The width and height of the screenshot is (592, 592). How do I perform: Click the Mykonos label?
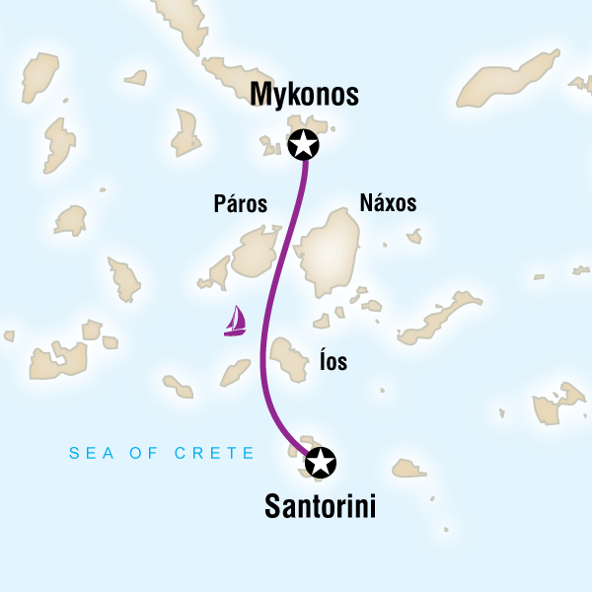(x=304, y=96)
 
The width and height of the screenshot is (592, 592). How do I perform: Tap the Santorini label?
(x=321, y=507)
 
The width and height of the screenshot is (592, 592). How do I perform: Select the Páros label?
(x=241, y=204)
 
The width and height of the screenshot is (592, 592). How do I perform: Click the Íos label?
(x=333, y=363)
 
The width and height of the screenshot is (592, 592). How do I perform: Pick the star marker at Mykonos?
(x=304, y=145)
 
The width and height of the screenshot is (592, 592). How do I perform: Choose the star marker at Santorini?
(x=321, y=461)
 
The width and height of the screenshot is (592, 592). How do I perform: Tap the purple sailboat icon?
(x=235, y=322)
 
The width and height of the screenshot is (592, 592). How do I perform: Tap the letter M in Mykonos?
(x=262, y=95)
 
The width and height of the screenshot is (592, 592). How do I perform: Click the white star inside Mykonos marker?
(x=304, y=145)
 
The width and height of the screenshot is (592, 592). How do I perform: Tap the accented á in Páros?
(x=229, y=203)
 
